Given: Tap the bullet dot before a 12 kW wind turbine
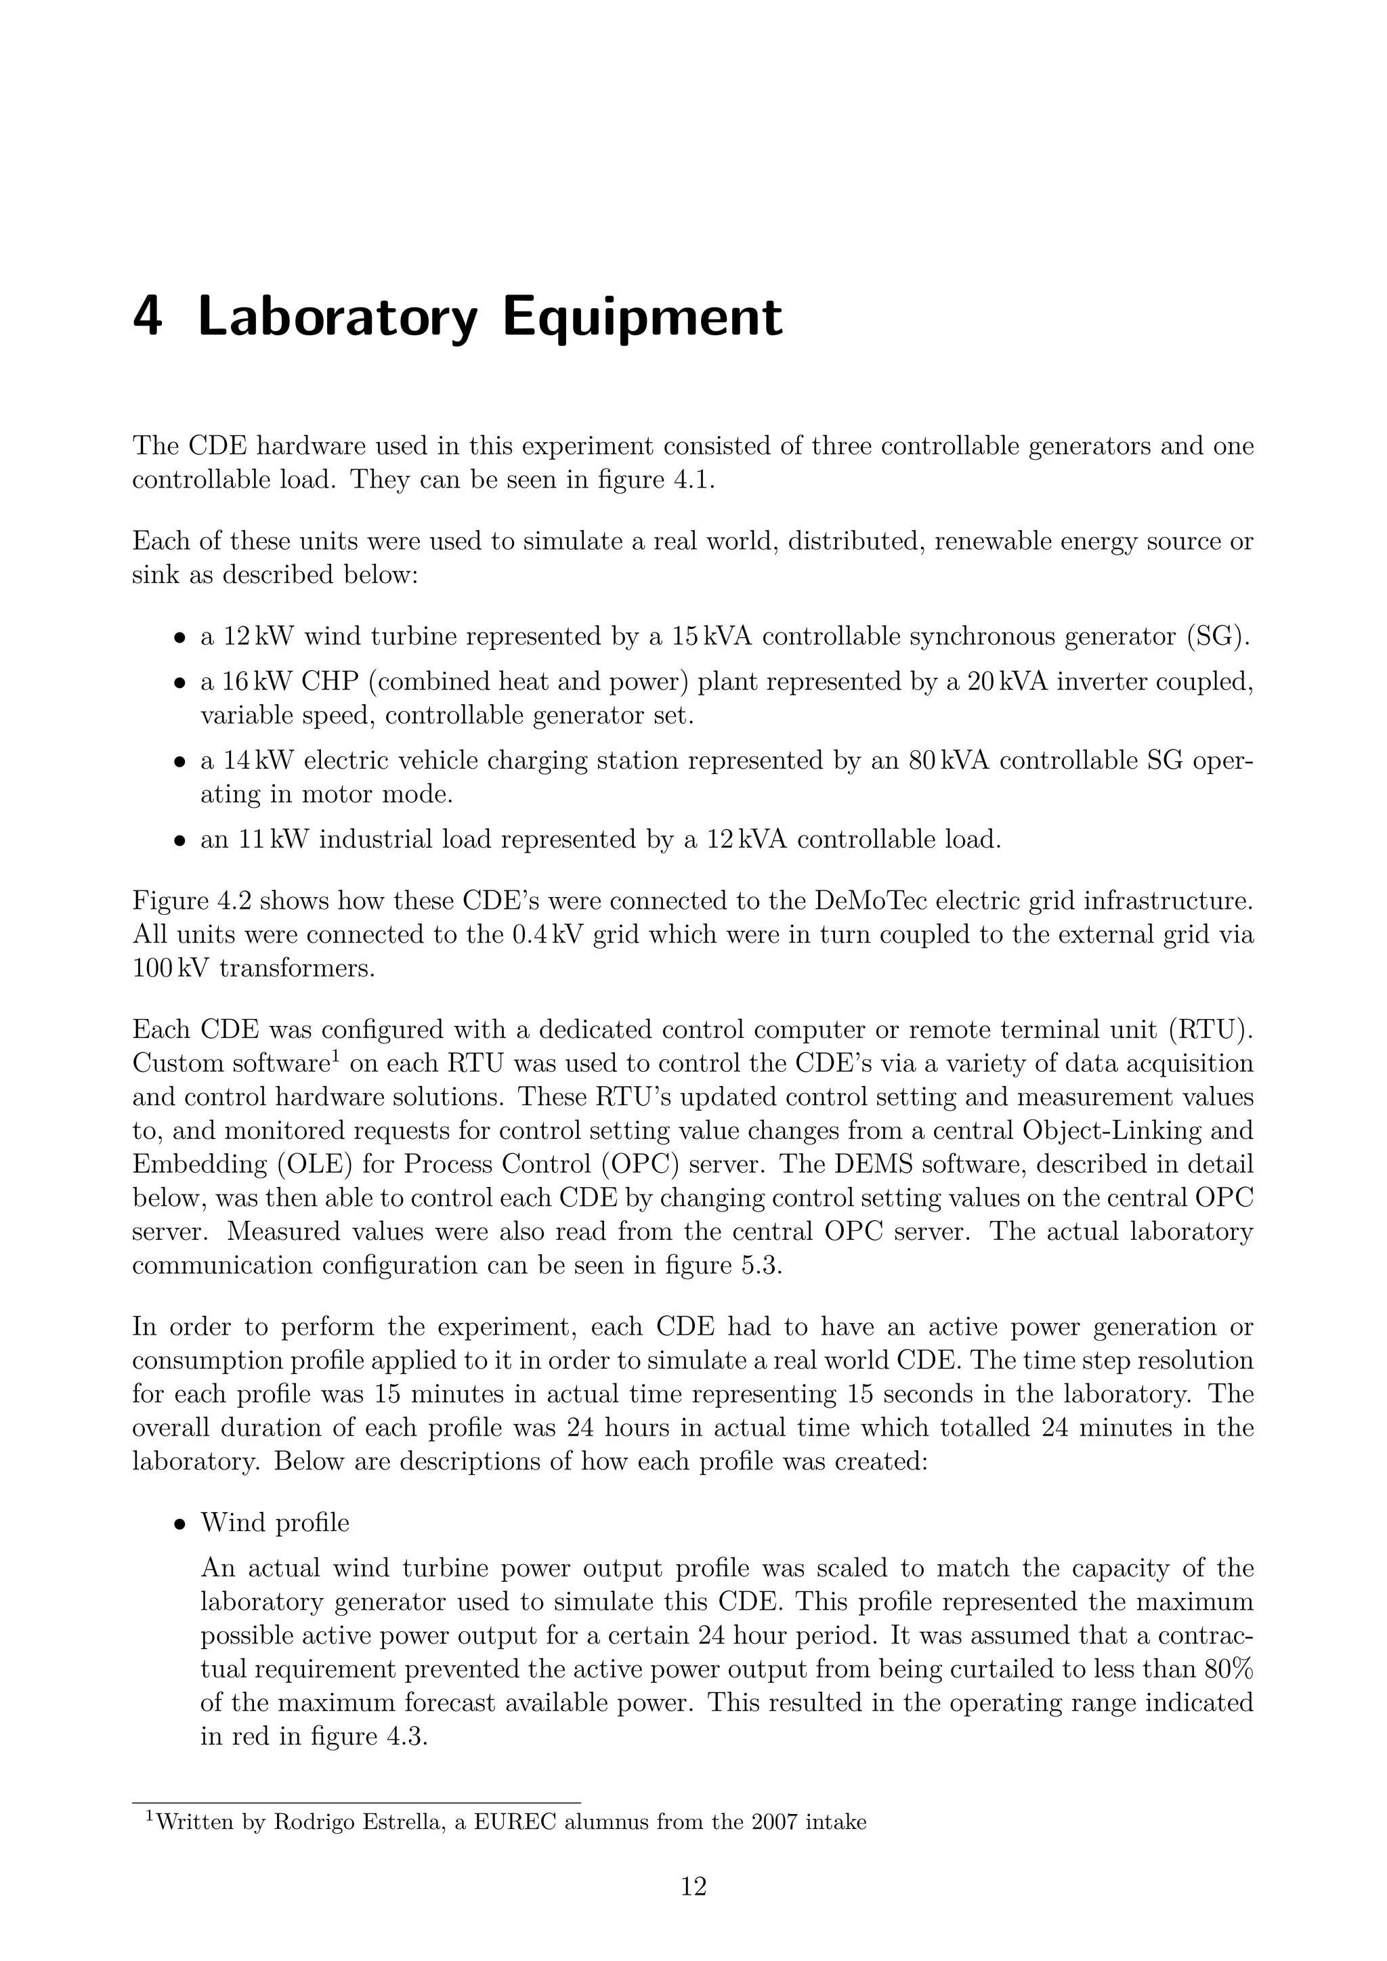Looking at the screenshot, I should (x=180, y=638).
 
